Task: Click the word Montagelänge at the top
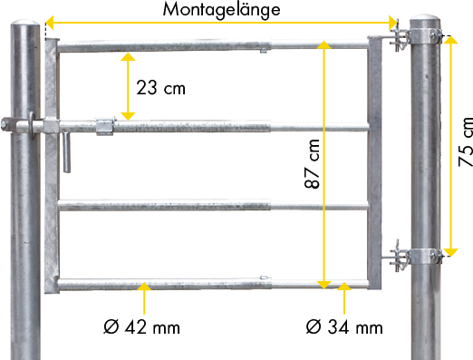coord(221,10)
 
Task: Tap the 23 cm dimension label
coord(160,88)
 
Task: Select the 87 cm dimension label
coord(312,164)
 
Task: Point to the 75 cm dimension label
coord(466,141)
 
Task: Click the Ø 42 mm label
coord(141,327)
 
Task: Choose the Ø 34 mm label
coord(344,327)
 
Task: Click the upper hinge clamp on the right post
coord(417,37)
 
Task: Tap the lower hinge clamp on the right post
coord(417,257)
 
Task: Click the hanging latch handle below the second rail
coord(66,152)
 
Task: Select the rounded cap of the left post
coord(25,24)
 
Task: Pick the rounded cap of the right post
coord(425,17)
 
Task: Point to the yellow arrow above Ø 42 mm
coord(144,298)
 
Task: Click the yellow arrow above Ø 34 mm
coord(344,298)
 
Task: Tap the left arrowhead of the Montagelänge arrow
coord(50,23)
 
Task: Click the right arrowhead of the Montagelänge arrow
coord(392,23)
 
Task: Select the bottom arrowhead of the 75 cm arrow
coord(451,253)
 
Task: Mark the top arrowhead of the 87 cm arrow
coord(323,44)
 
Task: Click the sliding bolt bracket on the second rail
coord(105,126)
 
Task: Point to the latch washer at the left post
coord(31,125)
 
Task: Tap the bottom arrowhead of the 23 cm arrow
coord(128,116)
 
